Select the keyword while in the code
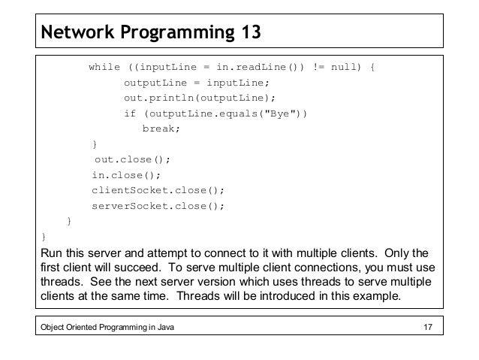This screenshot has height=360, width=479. [104, 68]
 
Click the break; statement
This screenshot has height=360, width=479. [161, 129]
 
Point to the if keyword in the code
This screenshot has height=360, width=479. [130, 113]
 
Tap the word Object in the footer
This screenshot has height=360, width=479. [54, 325]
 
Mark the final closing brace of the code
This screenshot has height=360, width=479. [44, 236]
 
